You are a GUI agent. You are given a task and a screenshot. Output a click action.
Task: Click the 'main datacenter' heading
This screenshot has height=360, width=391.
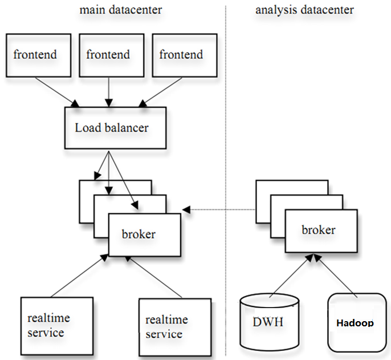[x=121, y=10]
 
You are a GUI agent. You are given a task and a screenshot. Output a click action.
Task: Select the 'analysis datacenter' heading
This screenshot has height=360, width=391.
[x=304, y=10]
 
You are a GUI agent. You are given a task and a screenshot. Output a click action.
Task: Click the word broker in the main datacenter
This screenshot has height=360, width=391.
[x=139, y=234]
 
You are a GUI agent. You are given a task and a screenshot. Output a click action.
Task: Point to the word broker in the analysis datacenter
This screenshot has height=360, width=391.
[x=319, y=230]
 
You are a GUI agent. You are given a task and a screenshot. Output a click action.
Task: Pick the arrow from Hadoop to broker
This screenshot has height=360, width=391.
[x=335, y=276]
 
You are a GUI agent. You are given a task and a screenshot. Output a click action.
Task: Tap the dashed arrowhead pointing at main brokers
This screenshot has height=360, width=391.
[x=186, y=210]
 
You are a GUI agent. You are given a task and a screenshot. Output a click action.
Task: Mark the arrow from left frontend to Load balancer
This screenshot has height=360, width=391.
[x=57, y=92]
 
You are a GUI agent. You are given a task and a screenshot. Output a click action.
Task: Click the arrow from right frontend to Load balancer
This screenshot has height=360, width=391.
[x=160, y=92]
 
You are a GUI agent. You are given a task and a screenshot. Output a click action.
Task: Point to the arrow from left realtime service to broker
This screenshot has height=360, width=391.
[x=79, y=276]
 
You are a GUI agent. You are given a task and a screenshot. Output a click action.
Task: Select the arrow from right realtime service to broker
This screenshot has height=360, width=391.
[x=153, y=277]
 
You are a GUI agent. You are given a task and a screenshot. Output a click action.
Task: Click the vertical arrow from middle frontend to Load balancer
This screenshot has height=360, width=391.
[x=109, y=92]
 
